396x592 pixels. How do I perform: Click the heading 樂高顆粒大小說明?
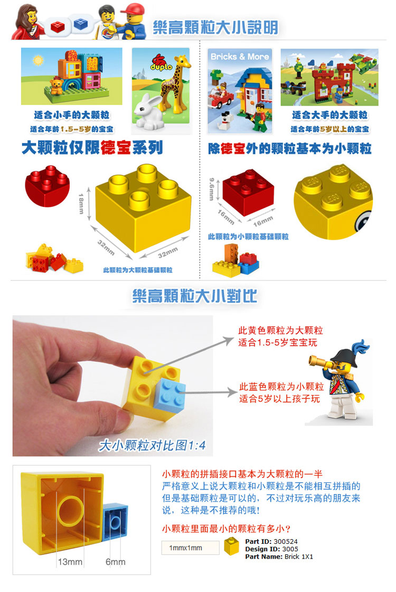pyautogui.click(x=215, y=28)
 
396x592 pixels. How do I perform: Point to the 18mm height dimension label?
pyautogui.click(x=81, y=201)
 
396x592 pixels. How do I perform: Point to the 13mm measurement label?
pyautogui.click(x=70, y=561)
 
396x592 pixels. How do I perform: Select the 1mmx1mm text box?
pyautogui.click(x=190, y=548)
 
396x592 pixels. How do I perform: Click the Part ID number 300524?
pyautogui.click(x=286, y=541)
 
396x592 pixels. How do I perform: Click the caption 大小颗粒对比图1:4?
pyautogui.click(x=152, y=445)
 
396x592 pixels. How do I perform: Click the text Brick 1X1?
pyautogui.click(x=299, y=557)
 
